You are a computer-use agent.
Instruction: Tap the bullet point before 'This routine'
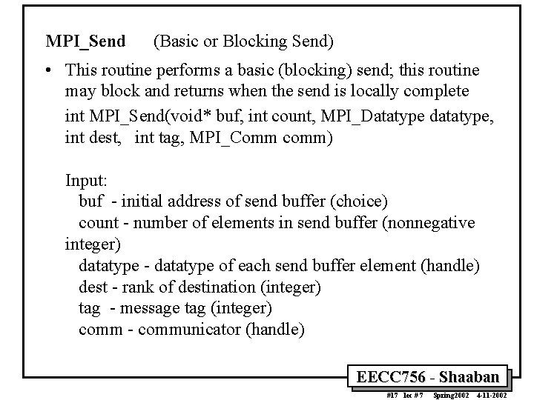coord(47,71)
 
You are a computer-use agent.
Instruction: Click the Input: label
coord(88,180)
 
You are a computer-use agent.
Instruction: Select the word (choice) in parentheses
coord(360,201)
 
